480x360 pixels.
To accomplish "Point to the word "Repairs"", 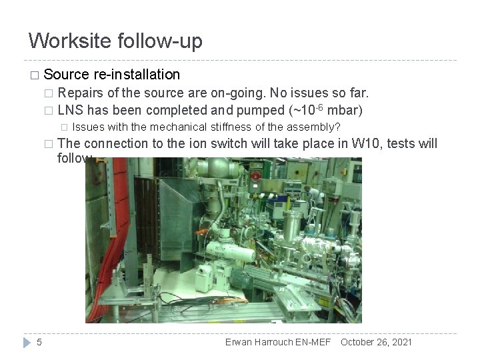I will tap(79, 93).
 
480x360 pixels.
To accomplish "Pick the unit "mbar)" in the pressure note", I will tap(345, 109).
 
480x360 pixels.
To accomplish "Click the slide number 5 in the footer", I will tap(39, 342).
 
